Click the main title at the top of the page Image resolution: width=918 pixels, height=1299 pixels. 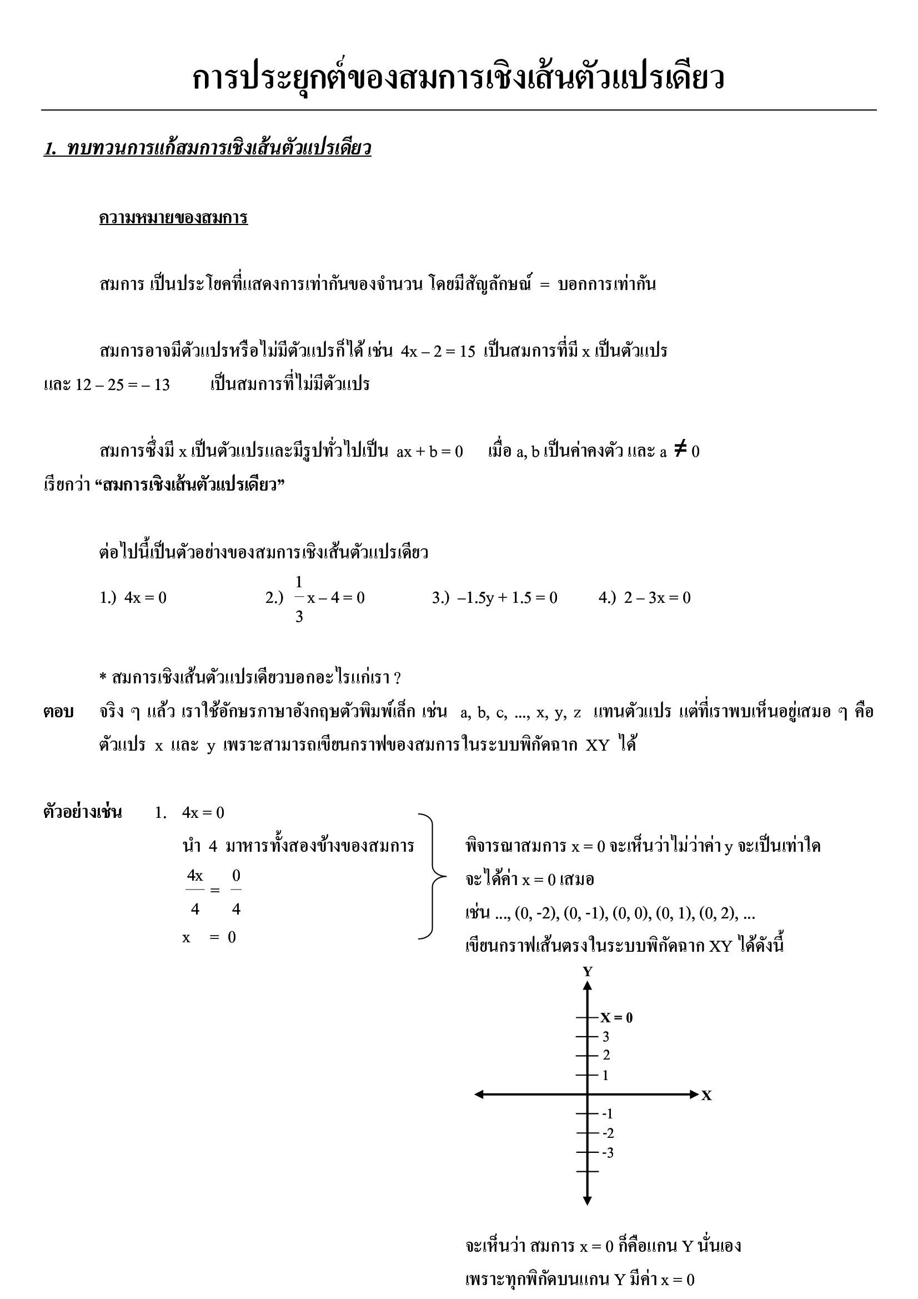[x=458, y=78]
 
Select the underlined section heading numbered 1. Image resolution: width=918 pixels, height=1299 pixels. [x=207, y=149]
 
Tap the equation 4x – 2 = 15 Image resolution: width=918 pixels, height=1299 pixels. [x=438, y=351]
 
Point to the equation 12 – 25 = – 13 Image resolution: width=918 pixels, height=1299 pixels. [x=122, y=384]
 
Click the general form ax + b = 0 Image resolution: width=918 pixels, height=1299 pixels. [x=429, y=452]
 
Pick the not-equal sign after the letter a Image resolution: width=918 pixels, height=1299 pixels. [x=680, y=451]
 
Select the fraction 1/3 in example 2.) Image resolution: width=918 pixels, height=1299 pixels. [x=299, y=598]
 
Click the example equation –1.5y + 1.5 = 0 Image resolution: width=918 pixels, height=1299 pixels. [x=508, y=598]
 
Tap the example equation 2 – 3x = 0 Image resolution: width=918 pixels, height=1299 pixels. [x=656, y=598]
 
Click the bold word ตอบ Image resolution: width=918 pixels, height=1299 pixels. [x=59, y=712]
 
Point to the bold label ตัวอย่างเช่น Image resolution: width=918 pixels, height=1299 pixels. [x=83, y=813]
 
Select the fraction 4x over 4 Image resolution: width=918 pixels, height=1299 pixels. [x=195, y=892]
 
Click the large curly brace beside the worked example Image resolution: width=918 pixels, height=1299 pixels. [x=433, y=876]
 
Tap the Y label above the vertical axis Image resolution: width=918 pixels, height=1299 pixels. [x=588, y=972]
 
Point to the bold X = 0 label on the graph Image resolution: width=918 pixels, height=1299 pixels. [x=616, y=1018]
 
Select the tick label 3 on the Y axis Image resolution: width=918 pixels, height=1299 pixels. [x=606, y=1037]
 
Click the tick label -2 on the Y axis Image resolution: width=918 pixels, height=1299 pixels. [x=608, y=1133]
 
